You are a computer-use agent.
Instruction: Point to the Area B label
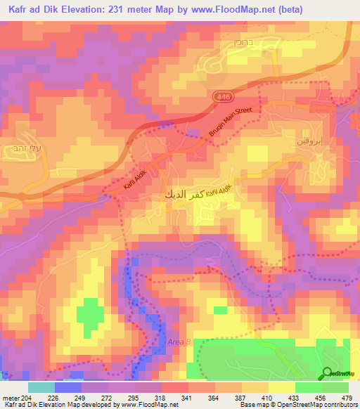coord(179,342)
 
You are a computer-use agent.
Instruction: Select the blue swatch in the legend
coord(68,387)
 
